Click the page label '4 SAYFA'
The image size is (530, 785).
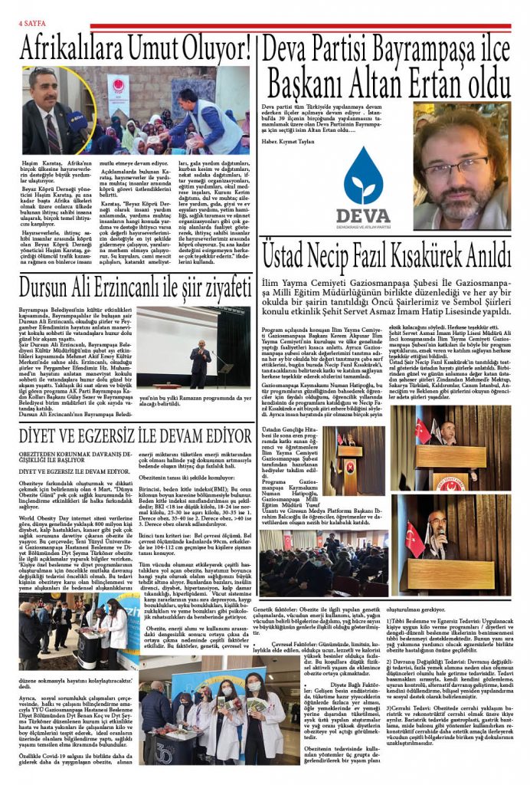point(30,24)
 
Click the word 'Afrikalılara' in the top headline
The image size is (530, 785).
point(72,49)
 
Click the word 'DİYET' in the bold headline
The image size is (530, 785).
point(43,435)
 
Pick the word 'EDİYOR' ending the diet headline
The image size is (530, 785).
point(222,435)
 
